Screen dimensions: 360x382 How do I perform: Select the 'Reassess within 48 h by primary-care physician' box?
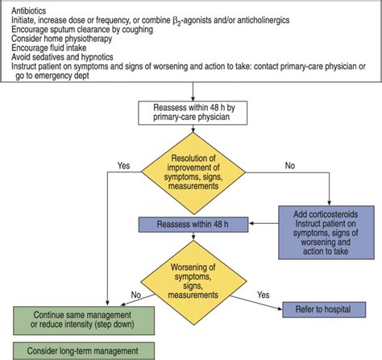tap(190, 112)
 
